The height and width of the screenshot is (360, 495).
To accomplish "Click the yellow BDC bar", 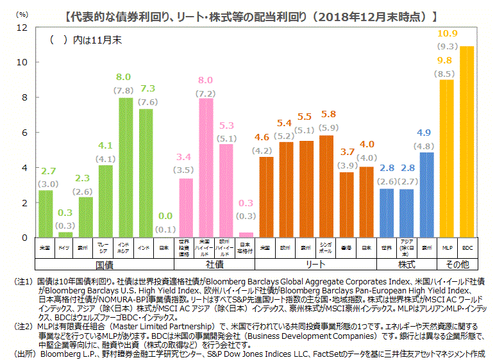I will coord(467,142).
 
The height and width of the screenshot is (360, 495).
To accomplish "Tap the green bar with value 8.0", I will coord(125,167).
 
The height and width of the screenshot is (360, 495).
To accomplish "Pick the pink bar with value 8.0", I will coord(205,167).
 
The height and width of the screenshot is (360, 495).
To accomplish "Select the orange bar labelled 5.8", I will coord(326,186).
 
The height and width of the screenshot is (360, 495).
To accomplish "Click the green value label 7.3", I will coord(147,88).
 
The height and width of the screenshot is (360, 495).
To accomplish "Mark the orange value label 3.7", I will coord(347,152).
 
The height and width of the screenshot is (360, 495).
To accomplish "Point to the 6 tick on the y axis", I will coord(24,133).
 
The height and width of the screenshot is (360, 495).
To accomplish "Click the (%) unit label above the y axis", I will coord(22,13).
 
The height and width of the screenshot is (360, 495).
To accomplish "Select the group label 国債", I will coord(105,263).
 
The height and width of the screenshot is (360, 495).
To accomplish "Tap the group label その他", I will coord(457,263).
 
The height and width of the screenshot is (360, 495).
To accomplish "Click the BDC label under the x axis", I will coord(467,247).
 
